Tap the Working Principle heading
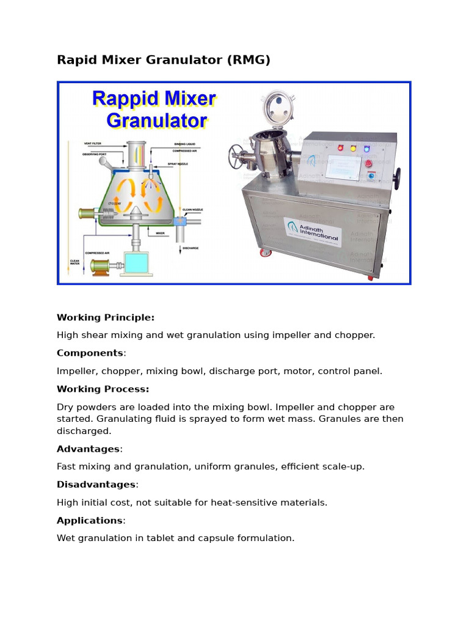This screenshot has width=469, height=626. pyautogui.click(x=106, y=317)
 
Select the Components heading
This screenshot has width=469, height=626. pyautogui.click(x=90, y=353)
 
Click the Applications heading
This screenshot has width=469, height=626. pyautogui.click(x=90, y=520)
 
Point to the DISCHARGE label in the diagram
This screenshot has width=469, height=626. pyautogui.click(x=191, y=249)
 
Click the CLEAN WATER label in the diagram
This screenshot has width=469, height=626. pyautogui.click(x=75, y=262)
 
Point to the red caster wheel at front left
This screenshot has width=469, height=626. pyautogui.click(x=264, y=252)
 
